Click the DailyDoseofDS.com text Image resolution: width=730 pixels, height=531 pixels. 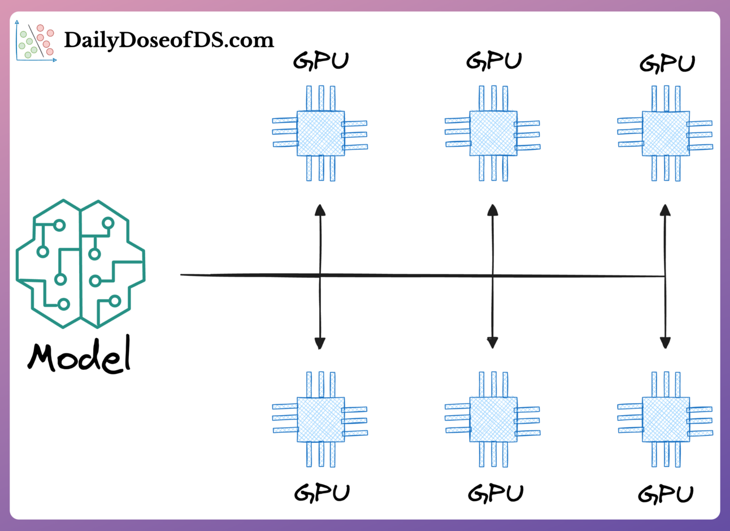(x=168, y=40)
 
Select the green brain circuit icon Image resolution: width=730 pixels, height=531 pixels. (x=80, y=264)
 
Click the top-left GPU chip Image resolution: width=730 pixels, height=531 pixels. (x=320, y=133)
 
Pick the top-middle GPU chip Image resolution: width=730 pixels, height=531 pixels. (x=493, y=133)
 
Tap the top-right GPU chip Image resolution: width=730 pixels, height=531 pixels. (x=666, y=133)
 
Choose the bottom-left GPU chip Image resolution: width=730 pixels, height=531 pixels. (x=320, y=420)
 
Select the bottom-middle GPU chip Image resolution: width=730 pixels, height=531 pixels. (x=493, y=420)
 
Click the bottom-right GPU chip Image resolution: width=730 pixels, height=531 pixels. (x=666, y=420)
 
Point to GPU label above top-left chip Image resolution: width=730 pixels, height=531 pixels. (x=321, y=61)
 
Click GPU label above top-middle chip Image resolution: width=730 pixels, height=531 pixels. (x=494, y=61)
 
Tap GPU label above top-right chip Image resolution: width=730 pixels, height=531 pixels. (x=667, y=63)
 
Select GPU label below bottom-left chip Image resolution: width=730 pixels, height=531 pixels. (x=322, y=493)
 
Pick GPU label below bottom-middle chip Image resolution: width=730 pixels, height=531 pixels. (x=496, y=493)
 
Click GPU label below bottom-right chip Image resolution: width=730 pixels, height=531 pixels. (x=666, y=494)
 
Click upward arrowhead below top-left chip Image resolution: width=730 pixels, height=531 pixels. (x=320, y=210)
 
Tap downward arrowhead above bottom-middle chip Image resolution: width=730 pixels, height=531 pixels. (x=493, y=342)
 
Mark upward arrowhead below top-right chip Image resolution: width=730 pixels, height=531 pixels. (x=666, y=210)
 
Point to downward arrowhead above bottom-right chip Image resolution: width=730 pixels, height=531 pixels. (x=666, y=342)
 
